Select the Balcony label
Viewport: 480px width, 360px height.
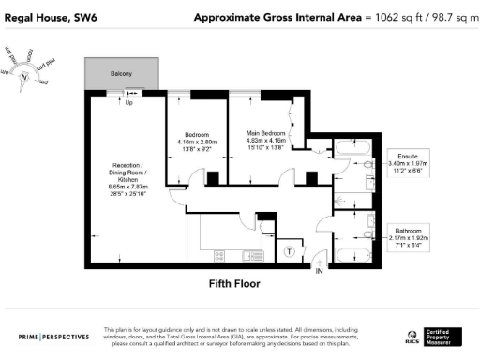(x=118, y=74)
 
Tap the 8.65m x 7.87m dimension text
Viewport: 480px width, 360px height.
(x=125, y=188)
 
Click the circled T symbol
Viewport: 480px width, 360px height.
(x=290, y=250)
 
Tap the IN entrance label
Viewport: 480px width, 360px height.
(x=319, y=271)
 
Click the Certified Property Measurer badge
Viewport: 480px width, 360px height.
(x=445, y=335)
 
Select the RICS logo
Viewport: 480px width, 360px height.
(x=411, y=336)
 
